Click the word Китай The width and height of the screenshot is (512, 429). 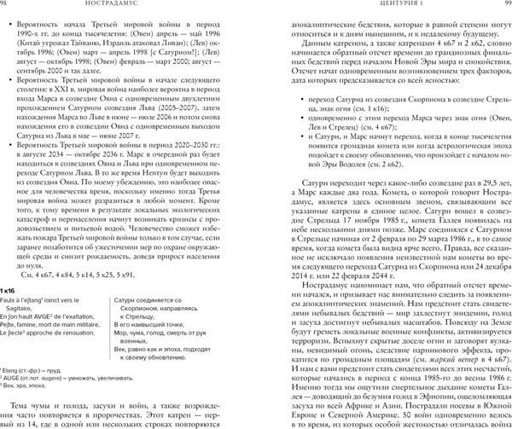click(x=44, y=40)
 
